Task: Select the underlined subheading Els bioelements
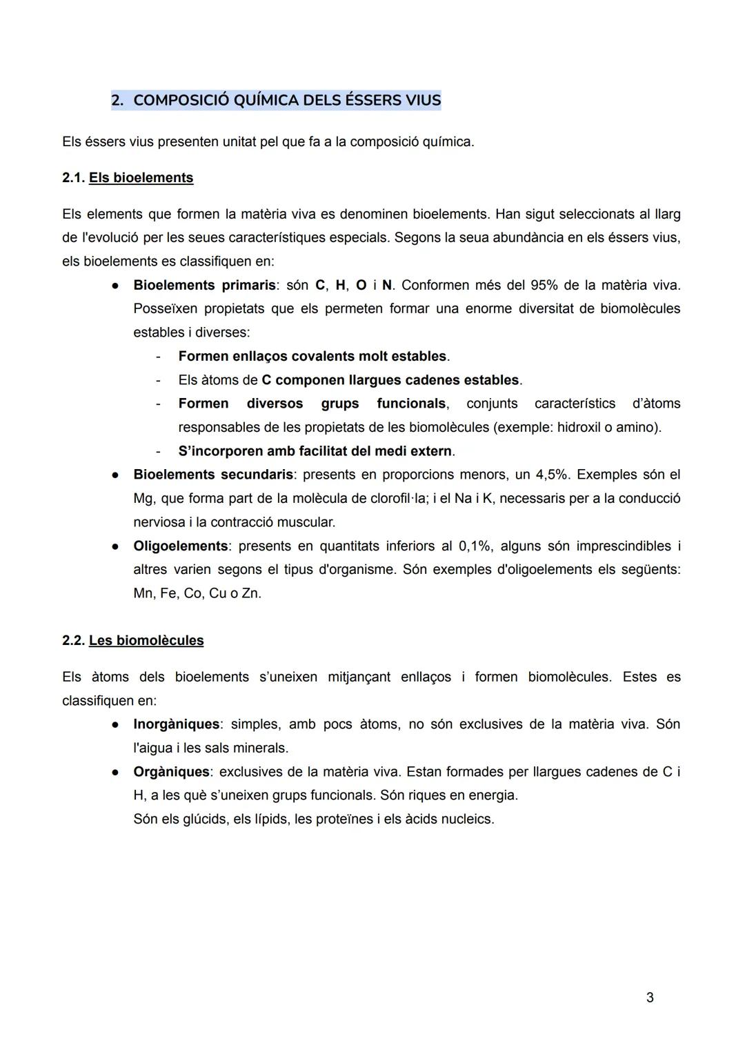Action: [x=141, y=178]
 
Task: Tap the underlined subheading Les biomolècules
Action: [x=146, y=641]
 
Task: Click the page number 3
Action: [x=650, y=998]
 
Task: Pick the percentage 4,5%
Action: [x=553, y=475]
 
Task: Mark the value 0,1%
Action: [x=475, y=546]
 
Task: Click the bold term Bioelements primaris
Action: [x=203, y=286]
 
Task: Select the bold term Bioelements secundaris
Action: [x=212, y=475]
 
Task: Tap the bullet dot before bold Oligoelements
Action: [x=117, y=546]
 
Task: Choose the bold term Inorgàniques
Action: [x=176, y=724]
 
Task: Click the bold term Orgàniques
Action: [x=171, y=772]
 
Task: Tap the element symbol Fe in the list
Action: [x=168, y=594]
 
